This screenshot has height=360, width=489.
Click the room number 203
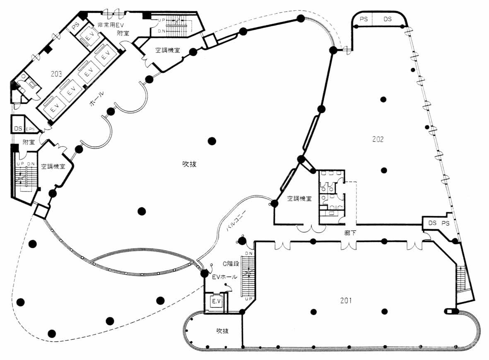click(x=57, y=74)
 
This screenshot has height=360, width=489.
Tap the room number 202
click(x=378, y=139)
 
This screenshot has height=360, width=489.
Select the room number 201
click(x=346, y=301)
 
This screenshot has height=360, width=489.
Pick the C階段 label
click(x=231, y=263)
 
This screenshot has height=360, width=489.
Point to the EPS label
click(x=31, y=129)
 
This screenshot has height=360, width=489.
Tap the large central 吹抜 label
click(x=189, y=164)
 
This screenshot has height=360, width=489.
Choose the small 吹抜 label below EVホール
click(x=222, y=331)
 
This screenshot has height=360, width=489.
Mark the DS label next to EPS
click(x=18, y=129)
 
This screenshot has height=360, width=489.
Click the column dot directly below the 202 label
click(x=384, y=170)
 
